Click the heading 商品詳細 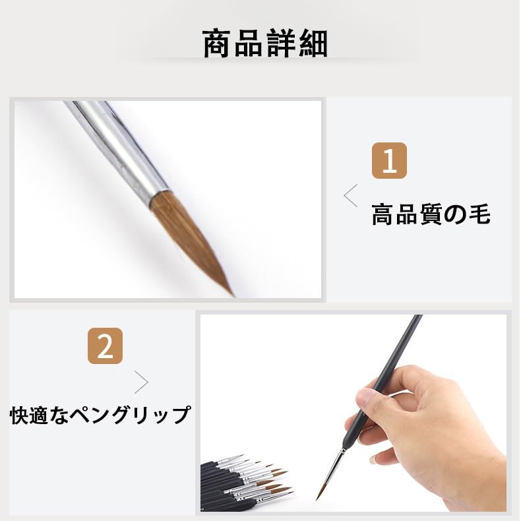pos(264,44)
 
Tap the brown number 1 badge pos(389,161)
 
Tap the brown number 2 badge pos(105,346)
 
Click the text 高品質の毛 pos(431,214)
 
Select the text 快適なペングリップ pos(100,415)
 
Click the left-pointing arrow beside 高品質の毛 pos(351,196)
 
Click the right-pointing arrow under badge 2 pos(141,382)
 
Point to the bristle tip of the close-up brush pos(230,291)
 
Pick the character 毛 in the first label pos(478,214)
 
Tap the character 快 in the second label pos(20,415)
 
